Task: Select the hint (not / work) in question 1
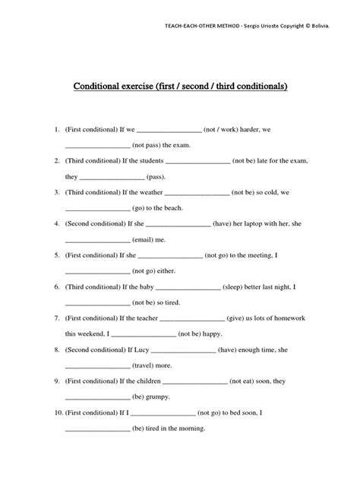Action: (x=229, y=130)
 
